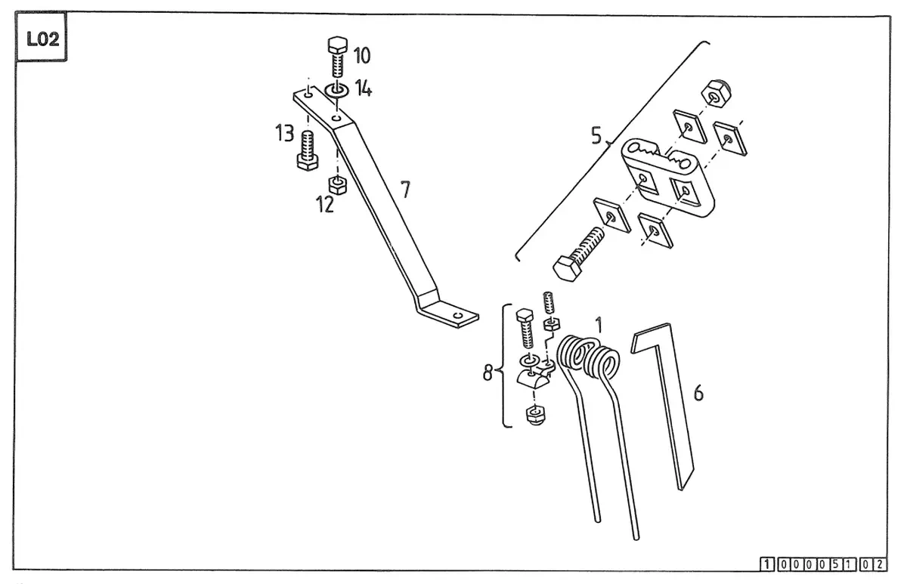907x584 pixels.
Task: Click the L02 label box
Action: tap(41, 36)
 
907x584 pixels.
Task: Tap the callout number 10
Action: tap(361, 55)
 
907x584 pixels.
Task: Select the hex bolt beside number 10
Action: tap(337, 57)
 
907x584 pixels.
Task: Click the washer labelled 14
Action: tap(336, 90)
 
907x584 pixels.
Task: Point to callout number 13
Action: tap(284, 133)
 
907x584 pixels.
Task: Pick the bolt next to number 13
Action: tap(308, 150)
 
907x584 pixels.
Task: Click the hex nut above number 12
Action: tap(338, 185)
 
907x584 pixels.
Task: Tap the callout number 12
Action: tap(325, 205)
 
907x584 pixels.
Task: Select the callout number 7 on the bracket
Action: tap(405, 190)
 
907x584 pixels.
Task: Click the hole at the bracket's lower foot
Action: tap(458, 315)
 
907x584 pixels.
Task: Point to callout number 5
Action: tap(596, 135)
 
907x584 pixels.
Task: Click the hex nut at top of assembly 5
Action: tap(716, 94)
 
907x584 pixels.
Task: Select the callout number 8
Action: tap(488, 372)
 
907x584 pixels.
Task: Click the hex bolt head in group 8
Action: tap(525, 316)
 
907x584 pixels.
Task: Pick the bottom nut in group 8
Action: tap(535, 416)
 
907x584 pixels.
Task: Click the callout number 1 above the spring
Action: tap(599, 326)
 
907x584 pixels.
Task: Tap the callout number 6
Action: tap(698, 393)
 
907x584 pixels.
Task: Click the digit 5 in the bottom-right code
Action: tap(835, 564)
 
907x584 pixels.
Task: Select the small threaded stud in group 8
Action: tap(549, 303)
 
